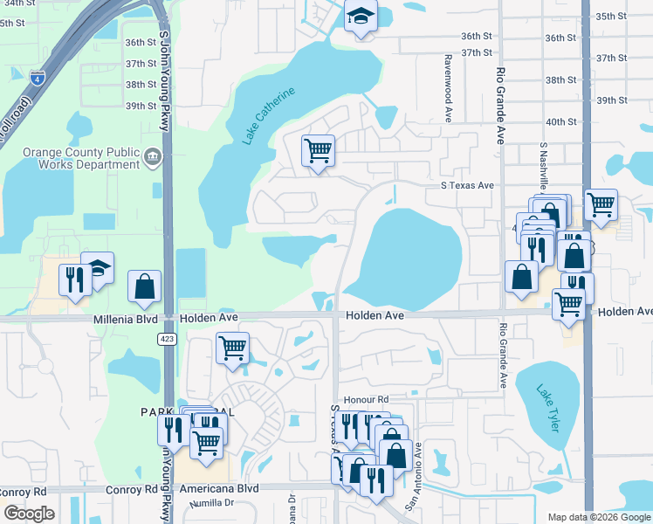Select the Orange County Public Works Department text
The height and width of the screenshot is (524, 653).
(x=81, y=157)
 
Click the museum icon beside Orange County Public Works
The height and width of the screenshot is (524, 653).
(x=154, y=157)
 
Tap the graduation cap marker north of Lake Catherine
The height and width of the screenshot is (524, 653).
(x=360, y=17)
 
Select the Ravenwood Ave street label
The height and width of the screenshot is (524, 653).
(x=448, y=86)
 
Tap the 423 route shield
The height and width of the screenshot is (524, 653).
(x=165, y=338)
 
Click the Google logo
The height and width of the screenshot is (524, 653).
(x=30, y=514)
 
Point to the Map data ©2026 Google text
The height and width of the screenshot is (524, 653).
(x=598, y=517)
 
